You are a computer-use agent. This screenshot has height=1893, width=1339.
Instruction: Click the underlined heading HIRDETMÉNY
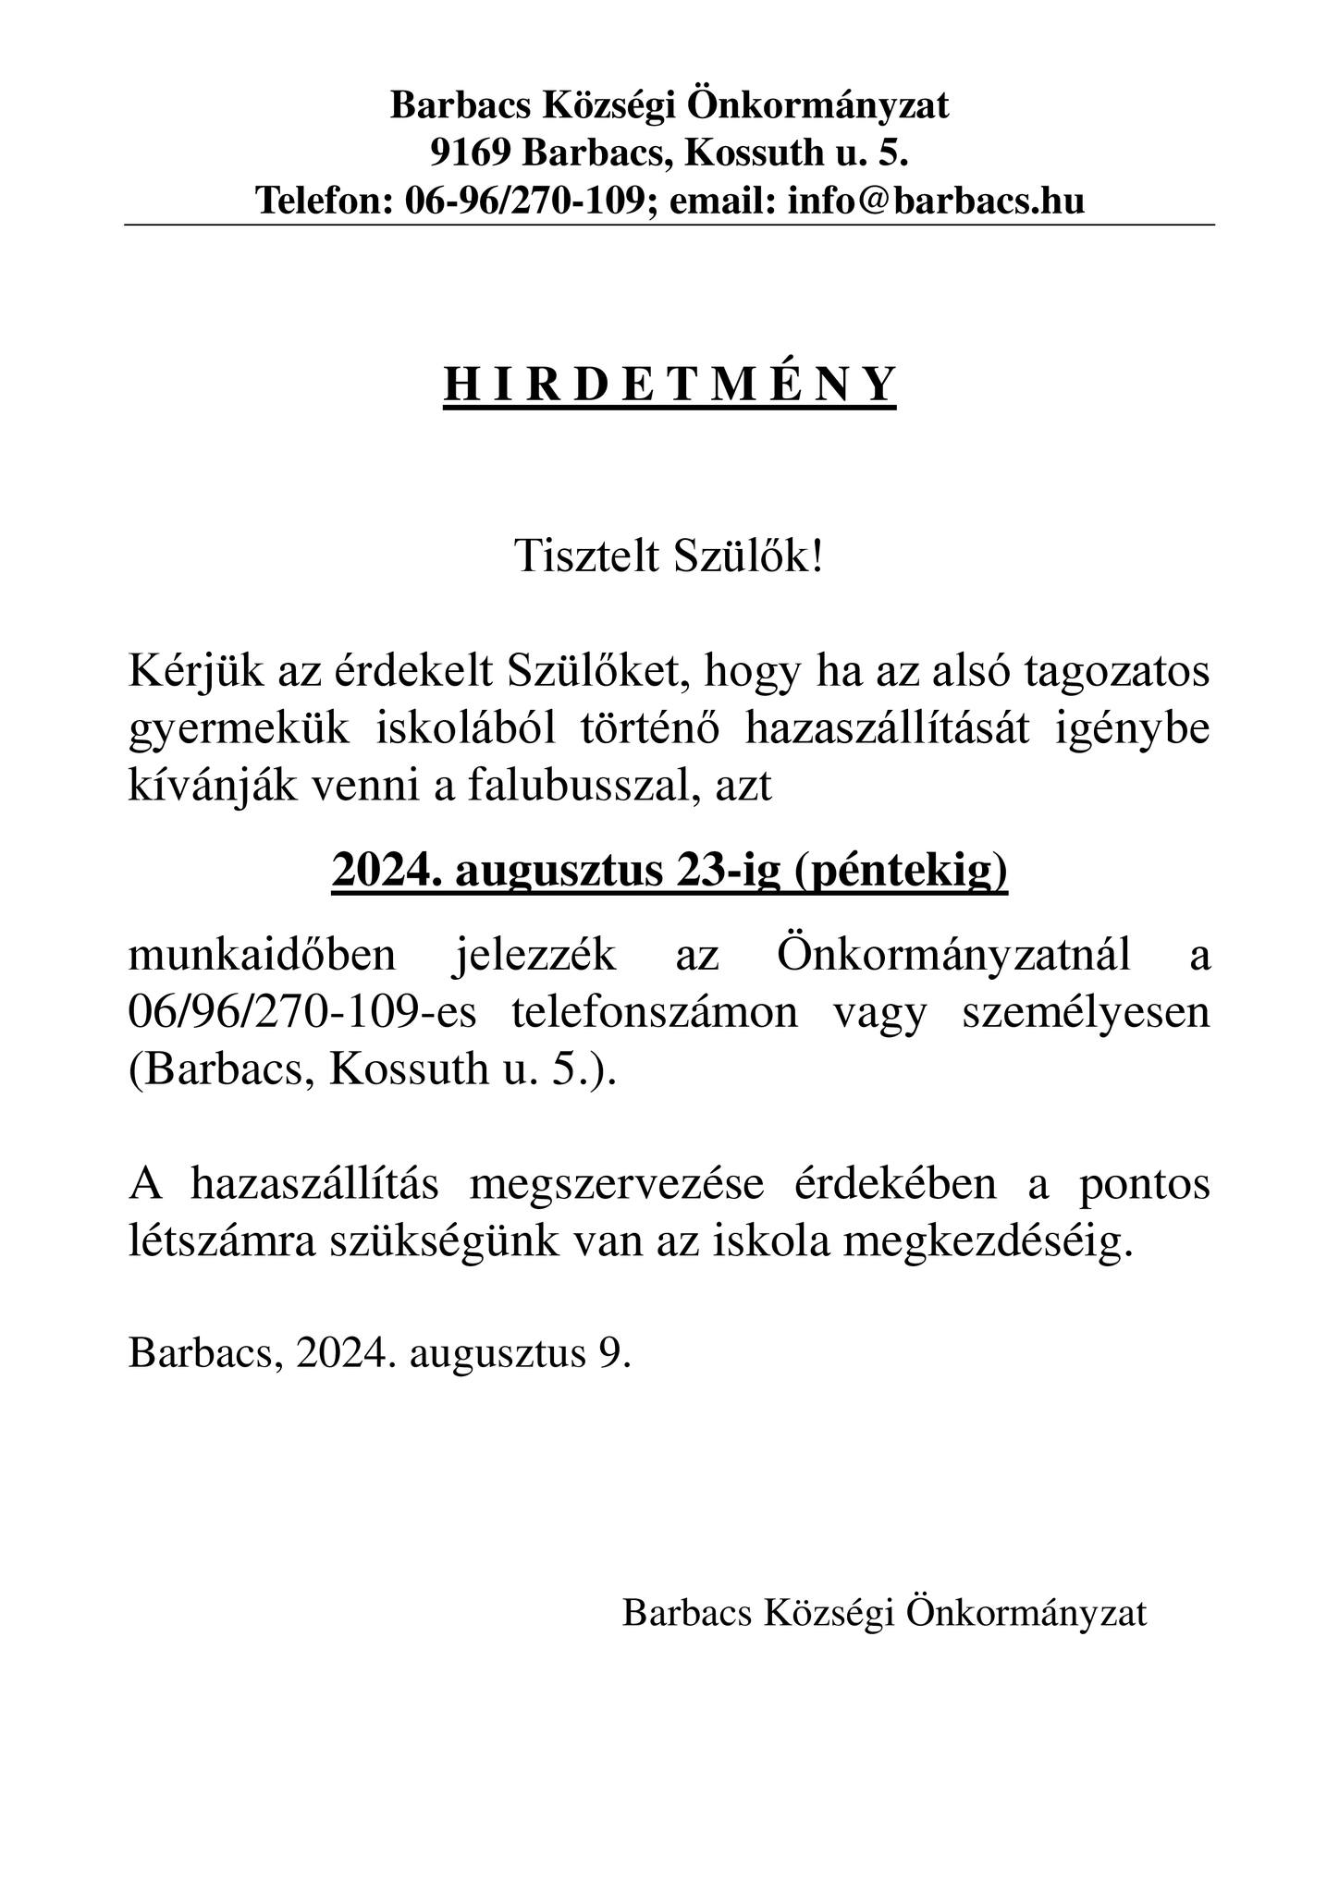point(669,385)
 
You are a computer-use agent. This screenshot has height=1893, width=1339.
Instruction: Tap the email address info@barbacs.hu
point(936,200)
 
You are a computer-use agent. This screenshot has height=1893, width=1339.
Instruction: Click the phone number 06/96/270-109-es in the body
point(301,1013)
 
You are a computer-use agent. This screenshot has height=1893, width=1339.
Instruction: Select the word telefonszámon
point(654,1013)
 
